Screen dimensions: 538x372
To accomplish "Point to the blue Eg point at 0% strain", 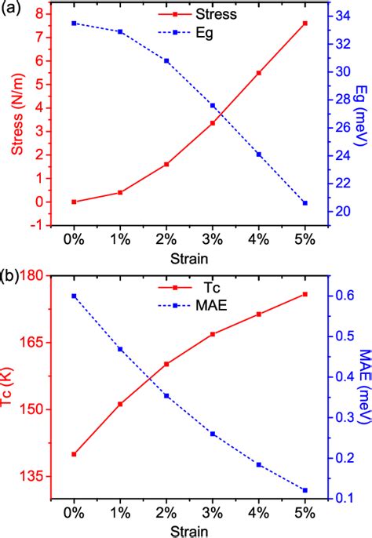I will click(74, 24).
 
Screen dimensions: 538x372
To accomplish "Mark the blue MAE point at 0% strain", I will click(74, 296).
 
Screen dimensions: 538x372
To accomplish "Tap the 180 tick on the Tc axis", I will click(33, 276).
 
